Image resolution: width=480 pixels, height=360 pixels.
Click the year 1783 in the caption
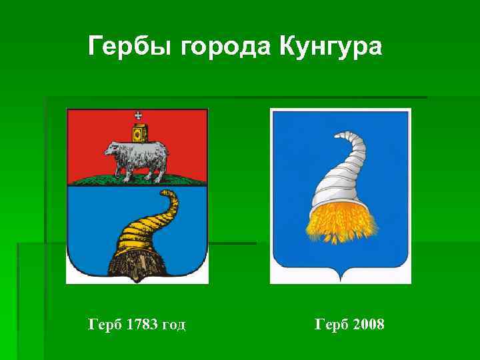[138, 325]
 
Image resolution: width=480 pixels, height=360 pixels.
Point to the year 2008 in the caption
[368, 325]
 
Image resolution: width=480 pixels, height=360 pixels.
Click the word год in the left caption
[173, 325]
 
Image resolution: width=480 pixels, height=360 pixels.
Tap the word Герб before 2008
[331, 325]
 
